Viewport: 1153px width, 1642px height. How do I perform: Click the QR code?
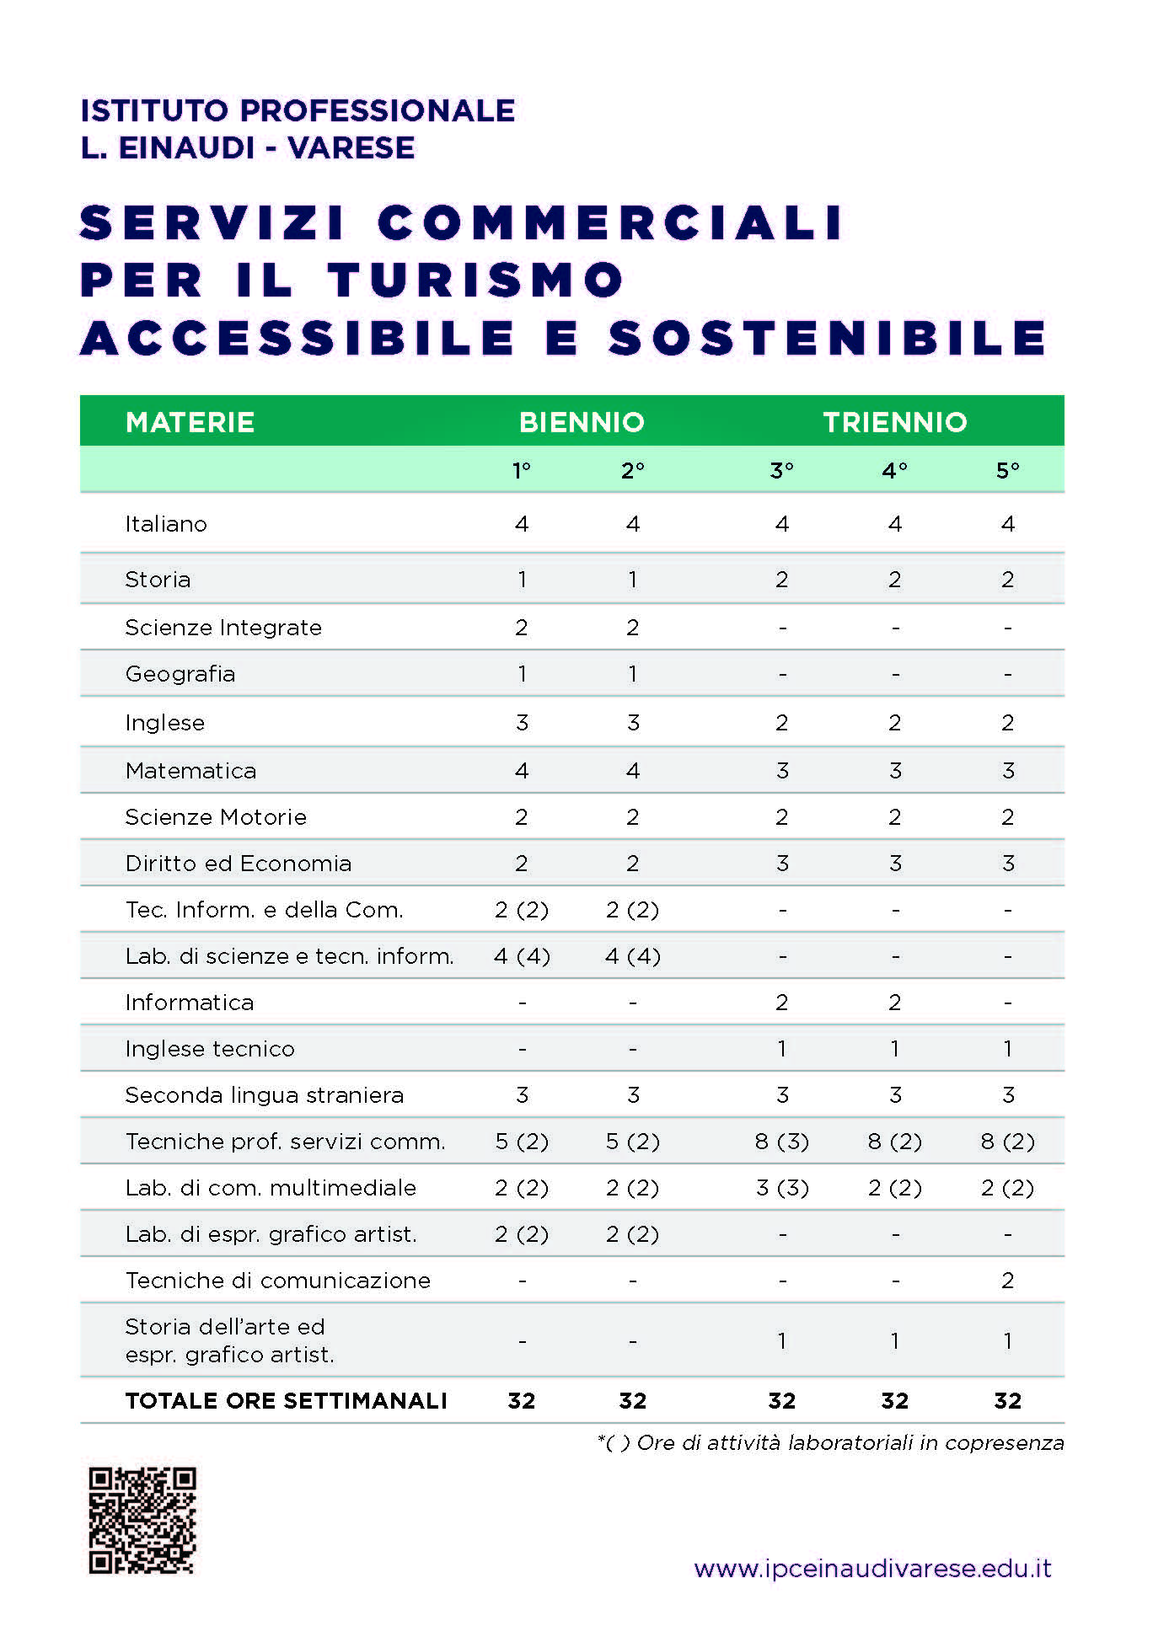[x=142, y=1521]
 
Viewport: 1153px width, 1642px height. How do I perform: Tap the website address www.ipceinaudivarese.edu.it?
[x=872, y=1569]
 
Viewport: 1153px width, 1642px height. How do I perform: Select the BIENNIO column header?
[x=582, y=422]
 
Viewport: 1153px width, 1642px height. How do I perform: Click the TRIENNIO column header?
[x=895, y=422]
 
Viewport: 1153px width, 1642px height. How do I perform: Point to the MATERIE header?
[x=190, y=422]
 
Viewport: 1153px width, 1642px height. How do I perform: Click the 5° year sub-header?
[x=1007, y=470]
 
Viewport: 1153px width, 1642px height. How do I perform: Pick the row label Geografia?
[x=180, y=674]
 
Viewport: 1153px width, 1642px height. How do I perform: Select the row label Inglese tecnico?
[x=210, y=1049]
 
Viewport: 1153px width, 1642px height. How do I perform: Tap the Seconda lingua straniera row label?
[x=265, y=1095]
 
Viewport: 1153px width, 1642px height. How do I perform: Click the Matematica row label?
[x=190, y=771]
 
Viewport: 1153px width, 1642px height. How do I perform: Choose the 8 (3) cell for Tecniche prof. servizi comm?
[x=781, y=1142]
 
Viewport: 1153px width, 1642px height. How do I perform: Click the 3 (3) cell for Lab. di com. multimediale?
[x=781, y=1188]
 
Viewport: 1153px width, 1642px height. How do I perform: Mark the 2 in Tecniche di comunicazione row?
[x=1007, y=1281]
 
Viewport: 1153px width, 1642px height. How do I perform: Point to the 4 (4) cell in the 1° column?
[x=522, y=956]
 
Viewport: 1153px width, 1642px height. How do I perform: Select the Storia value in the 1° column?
[x=522, y=580]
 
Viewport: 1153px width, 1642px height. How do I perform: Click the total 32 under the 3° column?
[x=781, y=1401]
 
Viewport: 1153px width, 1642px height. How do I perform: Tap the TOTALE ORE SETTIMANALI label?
[x=287, y=1401]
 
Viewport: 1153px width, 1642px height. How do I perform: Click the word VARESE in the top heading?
[x=351, y=147]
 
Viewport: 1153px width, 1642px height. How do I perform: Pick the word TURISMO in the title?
[x=476, y=280]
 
